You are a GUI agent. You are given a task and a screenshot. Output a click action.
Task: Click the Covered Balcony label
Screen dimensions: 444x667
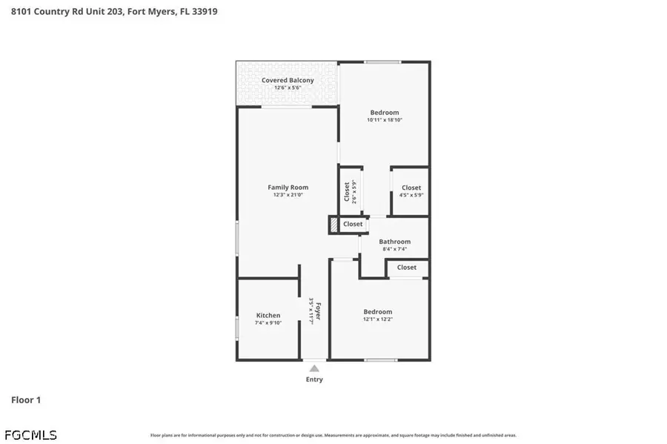click(288, 80)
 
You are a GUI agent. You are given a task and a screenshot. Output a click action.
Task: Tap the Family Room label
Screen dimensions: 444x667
click(288, 188)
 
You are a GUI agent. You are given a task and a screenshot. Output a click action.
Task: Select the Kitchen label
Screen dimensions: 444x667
click(268, 315)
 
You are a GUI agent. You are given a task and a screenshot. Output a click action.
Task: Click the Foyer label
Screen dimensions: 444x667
click(317, 311)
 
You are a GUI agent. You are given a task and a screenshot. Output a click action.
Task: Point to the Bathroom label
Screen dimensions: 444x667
click(394, 242)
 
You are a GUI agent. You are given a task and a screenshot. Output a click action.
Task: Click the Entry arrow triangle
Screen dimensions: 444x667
click(314, 368)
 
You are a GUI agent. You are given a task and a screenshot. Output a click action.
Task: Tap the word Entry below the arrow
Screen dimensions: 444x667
click(314, 380)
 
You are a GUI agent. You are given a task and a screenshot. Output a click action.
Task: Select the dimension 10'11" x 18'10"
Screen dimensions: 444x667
click(385, 120)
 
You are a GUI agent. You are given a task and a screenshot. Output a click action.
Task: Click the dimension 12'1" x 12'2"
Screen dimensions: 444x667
click(378, 319)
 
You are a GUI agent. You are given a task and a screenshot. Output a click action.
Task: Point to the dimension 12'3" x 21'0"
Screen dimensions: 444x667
click(288, 195)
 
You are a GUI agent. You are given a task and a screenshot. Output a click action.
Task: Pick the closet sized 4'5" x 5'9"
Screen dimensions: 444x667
click(411, 190)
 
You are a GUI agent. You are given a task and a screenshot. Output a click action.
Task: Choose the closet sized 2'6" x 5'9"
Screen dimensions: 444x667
click(350, 191)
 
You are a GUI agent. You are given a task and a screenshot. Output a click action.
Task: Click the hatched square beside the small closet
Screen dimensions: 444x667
click(334, 225)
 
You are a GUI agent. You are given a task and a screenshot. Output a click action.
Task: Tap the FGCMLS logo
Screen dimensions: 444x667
click(30, 435)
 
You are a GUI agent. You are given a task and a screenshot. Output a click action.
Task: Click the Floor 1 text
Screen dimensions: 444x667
click(26, 400)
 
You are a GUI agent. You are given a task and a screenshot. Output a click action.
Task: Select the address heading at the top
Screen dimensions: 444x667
click(114, 12)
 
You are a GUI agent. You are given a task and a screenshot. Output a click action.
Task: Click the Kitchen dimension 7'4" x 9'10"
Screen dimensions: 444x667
click(268, 323)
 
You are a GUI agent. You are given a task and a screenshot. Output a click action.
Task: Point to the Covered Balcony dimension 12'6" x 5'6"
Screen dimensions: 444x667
click(288, 87)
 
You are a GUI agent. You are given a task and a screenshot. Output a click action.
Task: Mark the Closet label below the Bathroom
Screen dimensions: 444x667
click(406, 268)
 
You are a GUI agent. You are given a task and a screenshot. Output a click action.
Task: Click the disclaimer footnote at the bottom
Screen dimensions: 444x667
click(333, 436)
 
